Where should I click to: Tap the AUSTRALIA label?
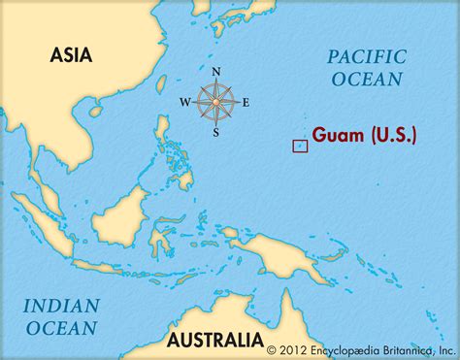[x=214, y=340]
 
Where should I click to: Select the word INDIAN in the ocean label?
[x=62, y=305]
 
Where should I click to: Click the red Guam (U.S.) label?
[x=364, y=137]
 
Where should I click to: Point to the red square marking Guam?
[x=300, y=146]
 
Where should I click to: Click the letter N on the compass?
[x=215, y=72]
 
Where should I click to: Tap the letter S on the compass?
[x=215, y=132]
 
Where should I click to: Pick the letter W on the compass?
[x=184, y=102]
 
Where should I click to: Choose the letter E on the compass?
[x=246, y=102]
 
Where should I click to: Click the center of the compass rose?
[x=215, y=101]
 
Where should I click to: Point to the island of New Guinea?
[x=291, y=252]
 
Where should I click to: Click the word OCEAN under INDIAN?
[x=61, y=327]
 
